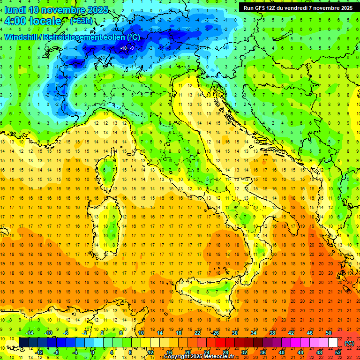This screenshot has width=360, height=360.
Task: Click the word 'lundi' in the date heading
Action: tap(15, 10)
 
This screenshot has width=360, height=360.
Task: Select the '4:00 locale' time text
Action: tap(33, 21)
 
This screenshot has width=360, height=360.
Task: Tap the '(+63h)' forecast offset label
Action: tap(81, 21)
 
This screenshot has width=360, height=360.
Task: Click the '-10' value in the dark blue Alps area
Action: tap(124, 48)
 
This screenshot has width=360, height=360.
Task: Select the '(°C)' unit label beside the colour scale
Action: tap(349, 343)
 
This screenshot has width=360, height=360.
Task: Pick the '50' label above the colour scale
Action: tap(329, 333)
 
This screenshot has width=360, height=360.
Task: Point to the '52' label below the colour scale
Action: tap(338, 352)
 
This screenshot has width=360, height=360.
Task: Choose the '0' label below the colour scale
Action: tap(93, 352)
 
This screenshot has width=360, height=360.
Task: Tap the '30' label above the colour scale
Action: tap(235, 333)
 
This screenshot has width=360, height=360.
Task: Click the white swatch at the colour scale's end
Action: tap(333, 342)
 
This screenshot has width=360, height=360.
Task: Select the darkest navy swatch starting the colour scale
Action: tap(24, 342)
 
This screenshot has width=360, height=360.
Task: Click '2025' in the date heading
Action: tap(98, 10)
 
